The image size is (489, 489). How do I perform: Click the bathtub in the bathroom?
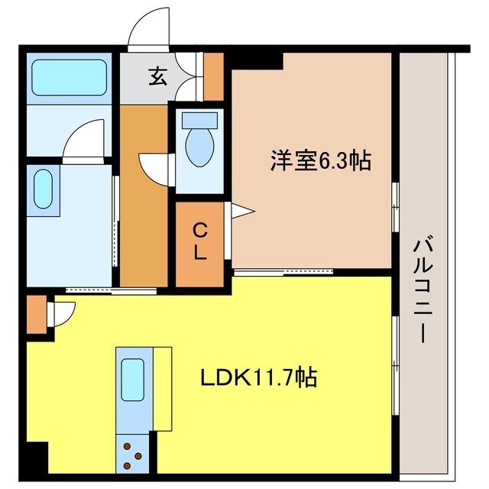click(68, 76)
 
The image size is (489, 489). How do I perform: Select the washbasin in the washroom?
click(44, 189)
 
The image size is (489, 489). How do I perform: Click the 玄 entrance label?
click(157, 76)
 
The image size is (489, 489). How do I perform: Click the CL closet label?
click(199, 241)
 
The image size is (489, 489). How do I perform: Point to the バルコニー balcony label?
click(423, 290)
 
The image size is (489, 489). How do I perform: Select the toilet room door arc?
click(153, 167)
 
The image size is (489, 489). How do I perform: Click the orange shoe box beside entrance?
click(213, 76)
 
